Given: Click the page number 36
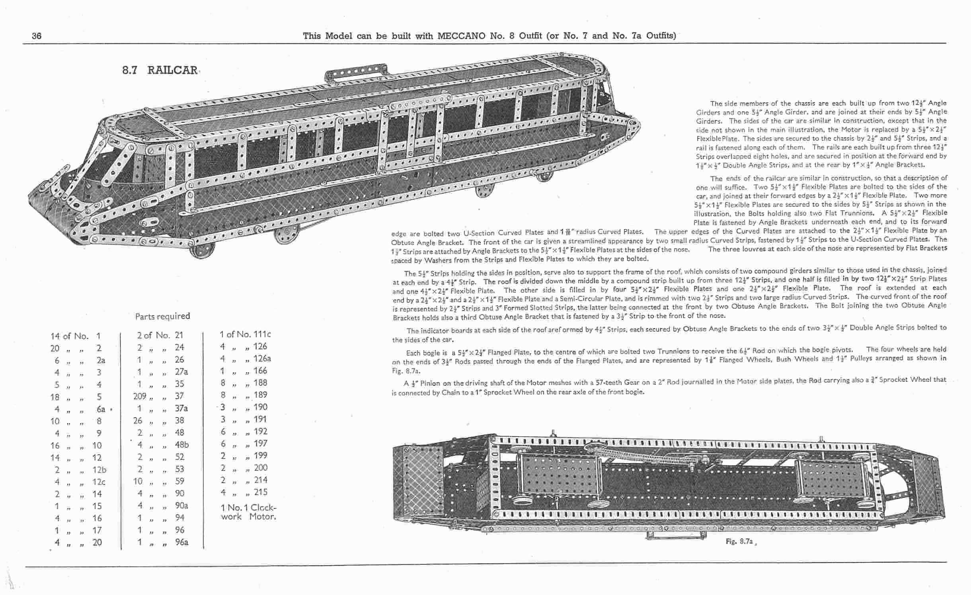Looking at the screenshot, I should pos(37,36).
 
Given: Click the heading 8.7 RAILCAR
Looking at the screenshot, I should pos(160,70).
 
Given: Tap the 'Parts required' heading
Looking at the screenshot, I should pos(162,316).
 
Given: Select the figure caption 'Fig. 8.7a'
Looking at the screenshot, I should pos(739,541).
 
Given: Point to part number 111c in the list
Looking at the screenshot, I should pos(262,334).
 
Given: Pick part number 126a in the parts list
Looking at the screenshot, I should pos(262,358).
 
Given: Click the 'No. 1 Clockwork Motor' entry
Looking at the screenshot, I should pos(248,512).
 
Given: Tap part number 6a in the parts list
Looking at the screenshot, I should pos(101,409).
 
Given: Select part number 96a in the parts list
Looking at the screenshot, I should pos(181,542).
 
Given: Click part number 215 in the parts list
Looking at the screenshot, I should pos(261,492).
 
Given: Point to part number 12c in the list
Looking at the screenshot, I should pos(99,482).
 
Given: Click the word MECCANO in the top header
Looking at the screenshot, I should pos(461,36).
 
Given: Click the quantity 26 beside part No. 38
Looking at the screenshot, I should pos(137,420).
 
